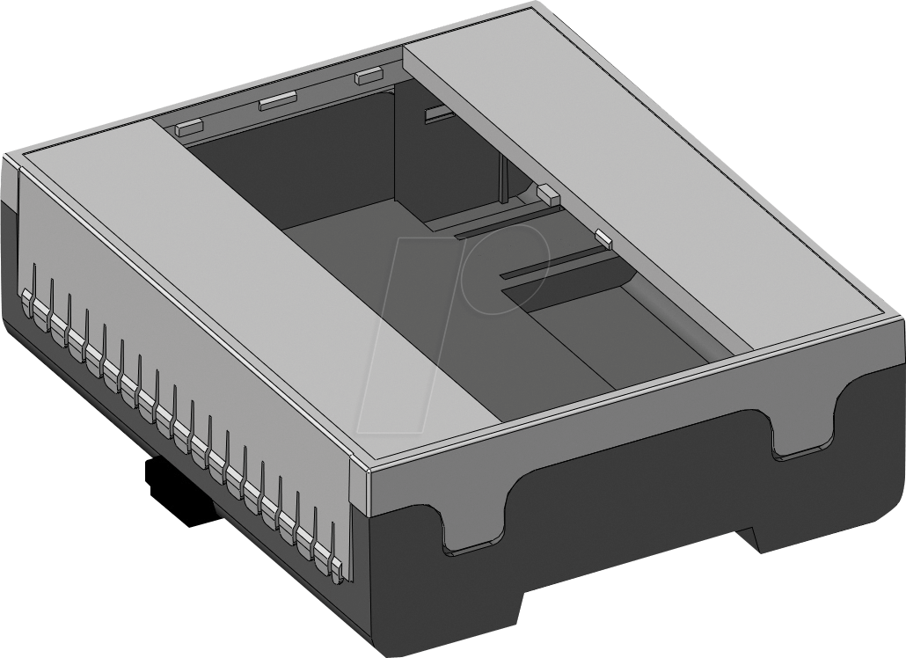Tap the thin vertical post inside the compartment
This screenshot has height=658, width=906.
501,180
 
